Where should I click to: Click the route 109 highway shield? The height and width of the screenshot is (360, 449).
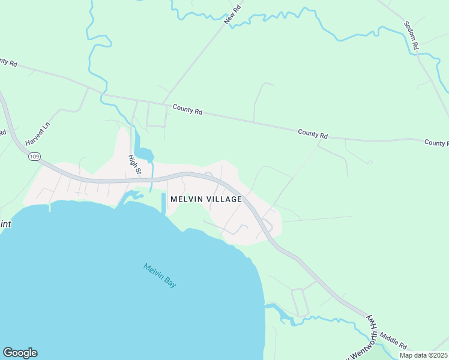coord(34,157)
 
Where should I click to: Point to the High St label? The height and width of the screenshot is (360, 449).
coord(134,164)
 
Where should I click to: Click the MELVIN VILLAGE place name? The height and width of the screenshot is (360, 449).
coord(206,199)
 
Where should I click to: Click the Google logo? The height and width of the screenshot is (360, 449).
coord(20,353)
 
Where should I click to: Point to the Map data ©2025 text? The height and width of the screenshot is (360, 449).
coord(423,355)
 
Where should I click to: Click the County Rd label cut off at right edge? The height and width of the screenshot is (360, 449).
coord(436,143)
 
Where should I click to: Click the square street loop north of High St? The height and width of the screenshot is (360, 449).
coord(156,115)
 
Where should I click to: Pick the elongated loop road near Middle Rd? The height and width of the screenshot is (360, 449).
coord(299,302)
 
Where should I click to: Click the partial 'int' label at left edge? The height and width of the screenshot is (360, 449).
coord(5,223)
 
